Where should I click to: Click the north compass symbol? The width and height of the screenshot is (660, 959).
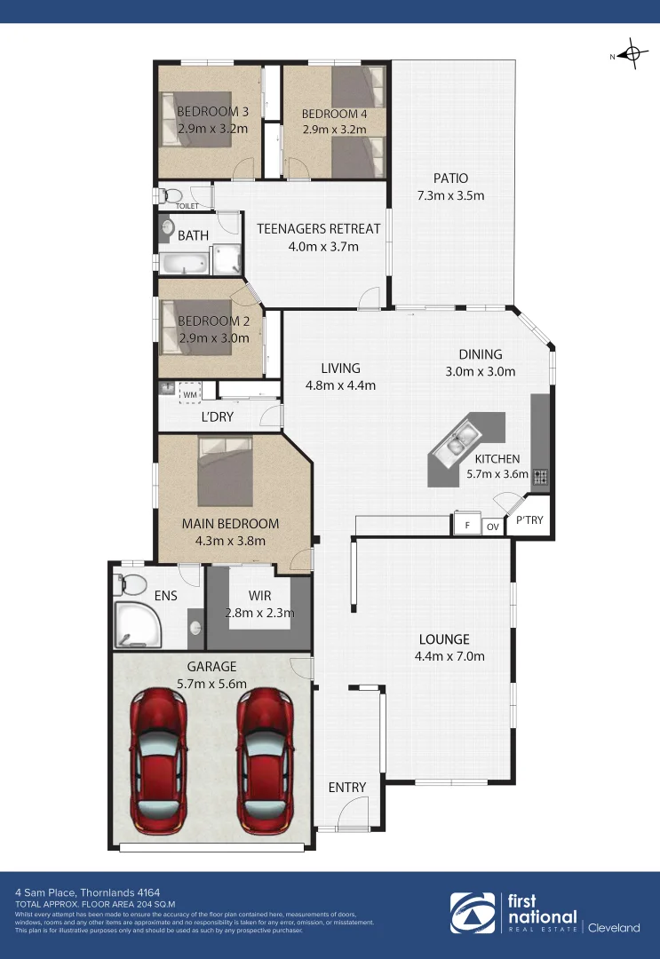pos(632,55)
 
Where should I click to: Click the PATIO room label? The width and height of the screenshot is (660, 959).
pos(450,178)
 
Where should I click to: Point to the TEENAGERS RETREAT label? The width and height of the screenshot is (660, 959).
pos(318,228)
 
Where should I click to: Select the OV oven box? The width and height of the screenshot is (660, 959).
pos(492,527)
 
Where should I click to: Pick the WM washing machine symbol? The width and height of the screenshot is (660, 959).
pos(189,392)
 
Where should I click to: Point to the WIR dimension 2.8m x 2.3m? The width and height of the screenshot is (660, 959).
pos(258,613)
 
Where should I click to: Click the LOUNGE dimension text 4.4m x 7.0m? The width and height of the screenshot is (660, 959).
pos(449,656)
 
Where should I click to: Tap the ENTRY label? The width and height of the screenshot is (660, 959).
pos(346,787)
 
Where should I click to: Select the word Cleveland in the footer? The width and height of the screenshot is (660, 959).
pos(615,928)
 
